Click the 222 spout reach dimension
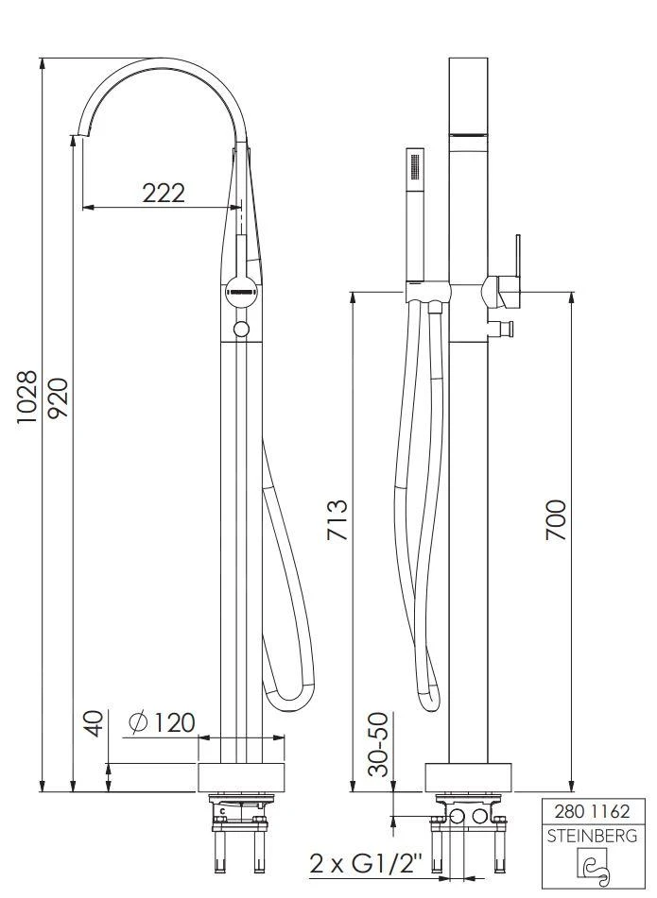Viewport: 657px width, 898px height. pyautogui.click(x=164, y=193)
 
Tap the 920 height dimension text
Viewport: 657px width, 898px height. pyautogui.click(x=59, y=398)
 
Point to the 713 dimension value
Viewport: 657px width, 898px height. pyautogui.click(x=337, y=520)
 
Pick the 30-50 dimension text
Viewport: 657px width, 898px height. pyautogui.click(x=379, y=744)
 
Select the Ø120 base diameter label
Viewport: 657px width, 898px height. pyautogui.click(x=161, y=723)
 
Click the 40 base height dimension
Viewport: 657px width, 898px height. pyautogui.click(x=93, y=725)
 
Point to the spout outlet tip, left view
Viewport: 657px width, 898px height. pyautogui.click(x=77, y=135)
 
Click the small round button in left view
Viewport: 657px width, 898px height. pyautogui.click(x=241, y=329)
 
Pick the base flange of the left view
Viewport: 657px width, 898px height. pyautogui.click(x=241, y=777)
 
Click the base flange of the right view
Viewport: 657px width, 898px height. pyautogui.click(x=470, y=777)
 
